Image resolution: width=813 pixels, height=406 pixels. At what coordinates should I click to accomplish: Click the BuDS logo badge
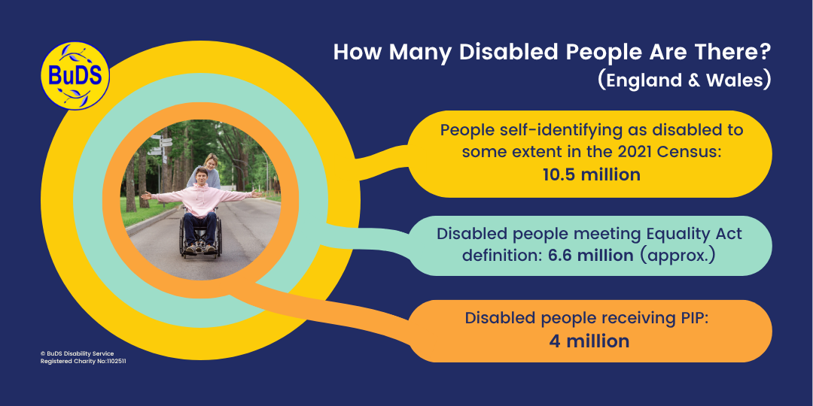[x=75, y=76]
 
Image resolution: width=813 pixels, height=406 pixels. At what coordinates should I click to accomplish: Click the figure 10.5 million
[x=591, y=174]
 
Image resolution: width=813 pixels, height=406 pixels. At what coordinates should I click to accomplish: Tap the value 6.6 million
[x=591, y=255]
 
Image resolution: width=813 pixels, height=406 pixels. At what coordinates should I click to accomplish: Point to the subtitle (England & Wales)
[x=684, y=81]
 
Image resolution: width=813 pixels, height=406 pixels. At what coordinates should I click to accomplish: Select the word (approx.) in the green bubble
[x=677, y=256]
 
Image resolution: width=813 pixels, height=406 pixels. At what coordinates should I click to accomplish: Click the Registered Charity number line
[x=83, y=361]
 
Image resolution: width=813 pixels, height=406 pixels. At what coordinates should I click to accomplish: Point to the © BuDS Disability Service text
[x=77, y=353]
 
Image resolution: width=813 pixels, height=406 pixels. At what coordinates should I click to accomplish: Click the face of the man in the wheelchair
[x=201, y=174]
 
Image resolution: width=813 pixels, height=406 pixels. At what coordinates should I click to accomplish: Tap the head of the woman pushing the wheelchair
[x=211, y=160]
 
